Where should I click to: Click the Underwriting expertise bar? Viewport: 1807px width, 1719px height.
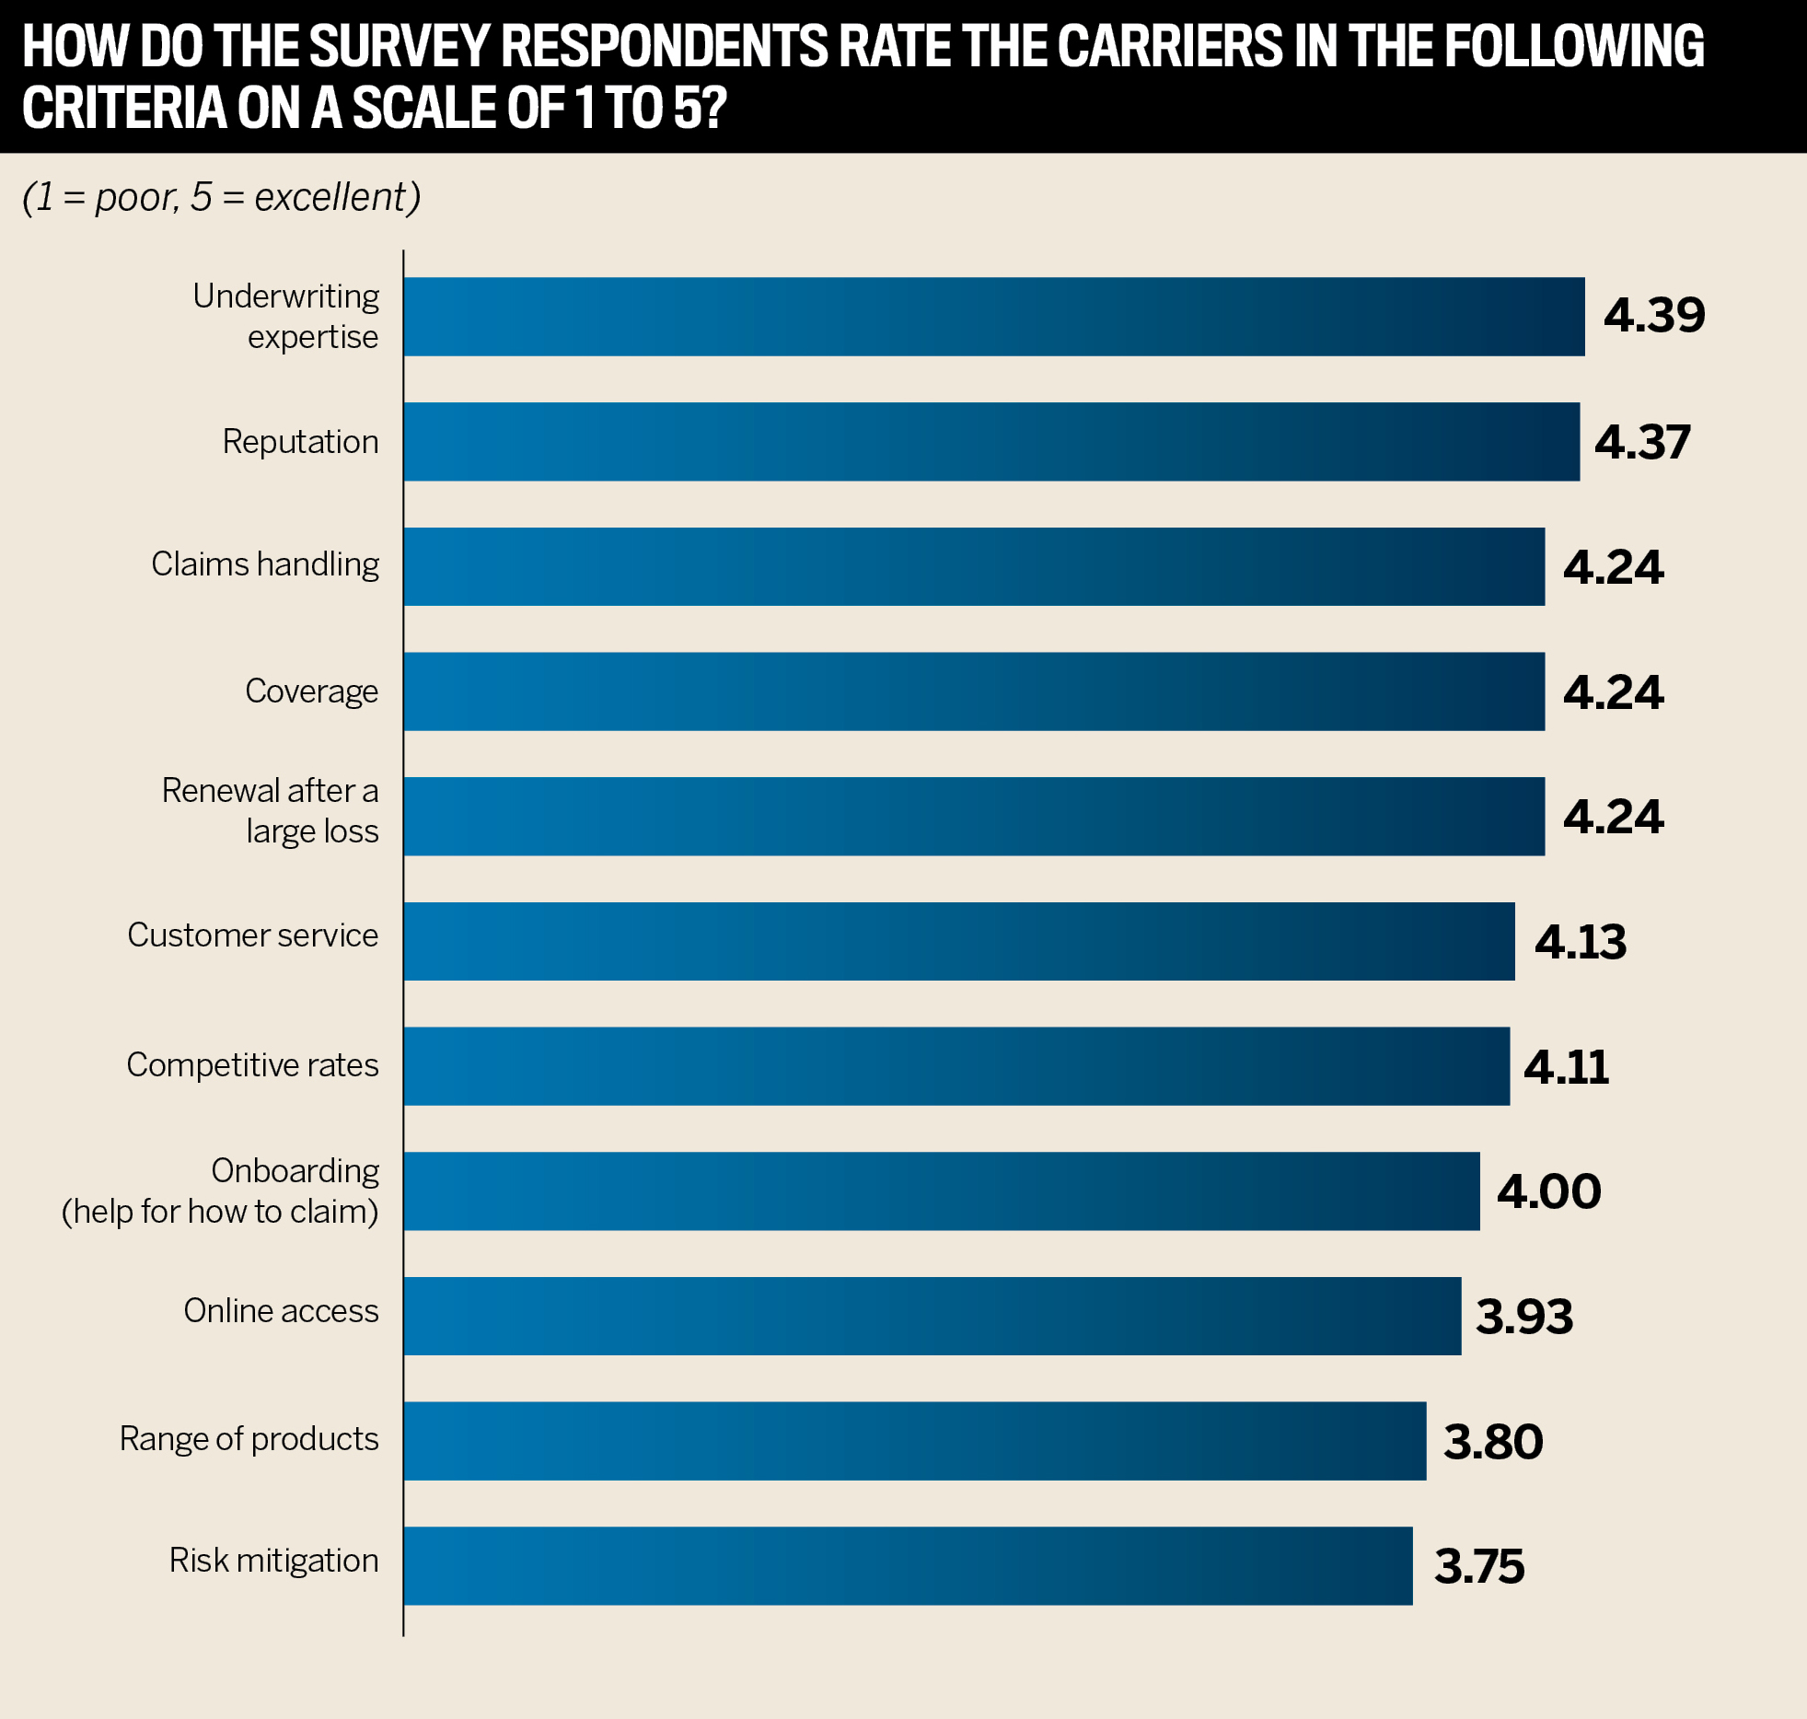[x=994, y=317]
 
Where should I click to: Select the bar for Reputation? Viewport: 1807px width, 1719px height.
[x=991, y=442]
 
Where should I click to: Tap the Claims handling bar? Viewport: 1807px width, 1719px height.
[x=974, y=567]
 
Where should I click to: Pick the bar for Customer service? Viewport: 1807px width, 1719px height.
[x=959, y=942]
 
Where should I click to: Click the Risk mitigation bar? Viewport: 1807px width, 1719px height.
[x=908, y=1566]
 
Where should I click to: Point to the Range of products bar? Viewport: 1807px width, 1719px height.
[x=915, y=1442]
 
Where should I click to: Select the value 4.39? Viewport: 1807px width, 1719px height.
[x=1654, y=316]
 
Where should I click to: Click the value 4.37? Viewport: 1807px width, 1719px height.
[x=1642, y=442]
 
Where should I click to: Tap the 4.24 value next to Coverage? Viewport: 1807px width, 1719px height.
[x=1614, y=692]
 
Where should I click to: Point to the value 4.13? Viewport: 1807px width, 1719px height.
[x=1581, y=942]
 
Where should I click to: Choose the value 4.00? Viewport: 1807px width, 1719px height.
[x=1549, y=1191]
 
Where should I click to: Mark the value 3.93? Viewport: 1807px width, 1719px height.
[x=1524, y=1317]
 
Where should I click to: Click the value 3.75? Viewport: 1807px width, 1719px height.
[x=1479, y=1567]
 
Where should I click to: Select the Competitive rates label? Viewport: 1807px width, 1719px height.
[x=252, y=1065]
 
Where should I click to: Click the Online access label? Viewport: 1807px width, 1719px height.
[x=281, y=1311]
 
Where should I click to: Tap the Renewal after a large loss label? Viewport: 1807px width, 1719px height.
[x=270, y=811]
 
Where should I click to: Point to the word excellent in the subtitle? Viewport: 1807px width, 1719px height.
[x=330, y=198]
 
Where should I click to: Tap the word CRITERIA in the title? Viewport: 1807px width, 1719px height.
[x=124, y=109]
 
